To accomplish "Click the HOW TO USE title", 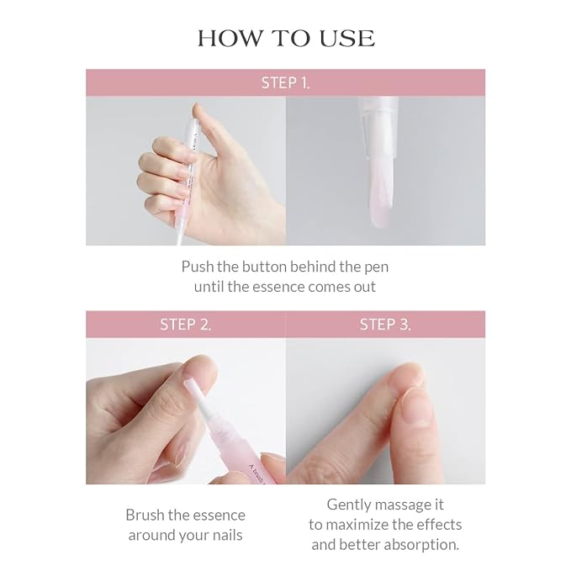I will click(285, 39).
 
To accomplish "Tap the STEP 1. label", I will click(285, 82).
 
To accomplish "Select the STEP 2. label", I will click(185, 325).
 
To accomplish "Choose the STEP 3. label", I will click(385, 325).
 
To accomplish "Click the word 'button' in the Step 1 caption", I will click(264, 267).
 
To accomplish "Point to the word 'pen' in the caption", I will click(376, 267).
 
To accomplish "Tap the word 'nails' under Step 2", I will click(225, 536).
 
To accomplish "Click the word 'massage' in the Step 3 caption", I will click(404, 505).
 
